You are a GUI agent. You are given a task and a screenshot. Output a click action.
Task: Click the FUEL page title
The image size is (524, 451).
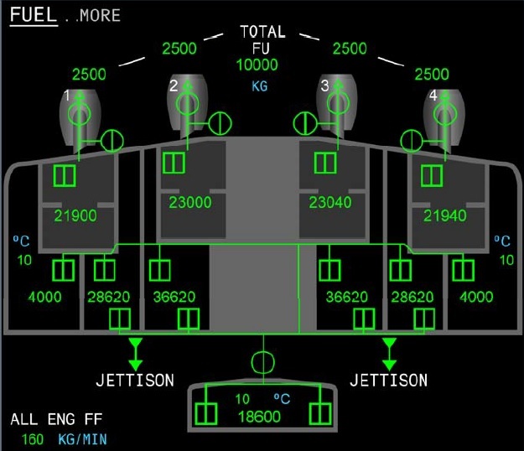(33, 15)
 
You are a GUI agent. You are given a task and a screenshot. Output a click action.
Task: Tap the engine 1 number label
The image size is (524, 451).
(67, 96)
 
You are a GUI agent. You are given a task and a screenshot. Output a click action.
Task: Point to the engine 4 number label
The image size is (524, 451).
(433, 96)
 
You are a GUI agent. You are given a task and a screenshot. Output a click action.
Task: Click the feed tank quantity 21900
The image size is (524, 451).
(75, 216)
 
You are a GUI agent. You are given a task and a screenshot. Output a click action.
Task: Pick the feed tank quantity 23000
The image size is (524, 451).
(189, 202)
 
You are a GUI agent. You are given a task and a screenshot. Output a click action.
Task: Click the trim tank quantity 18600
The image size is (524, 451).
(262, 415)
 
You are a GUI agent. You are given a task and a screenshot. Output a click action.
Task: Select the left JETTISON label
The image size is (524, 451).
(134, 381)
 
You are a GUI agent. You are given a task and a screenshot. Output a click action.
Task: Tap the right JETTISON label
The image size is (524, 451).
(388, 381)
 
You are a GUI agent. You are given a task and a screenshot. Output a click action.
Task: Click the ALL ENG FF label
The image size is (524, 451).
(56, 419)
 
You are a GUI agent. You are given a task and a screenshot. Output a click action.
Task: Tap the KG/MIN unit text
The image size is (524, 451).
(82, 438)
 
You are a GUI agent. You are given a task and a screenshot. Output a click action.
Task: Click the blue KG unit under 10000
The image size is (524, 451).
(260, 86)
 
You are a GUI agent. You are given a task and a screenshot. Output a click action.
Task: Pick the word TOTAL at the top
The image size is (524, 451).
(262, 32)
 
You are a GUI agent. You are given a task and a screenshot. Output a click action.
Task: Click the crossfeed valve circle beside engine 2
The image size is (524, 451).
(220, 122)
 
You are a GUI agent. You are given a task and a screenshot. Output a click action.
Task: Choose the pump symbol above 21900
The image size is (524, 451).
(65, 175)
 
